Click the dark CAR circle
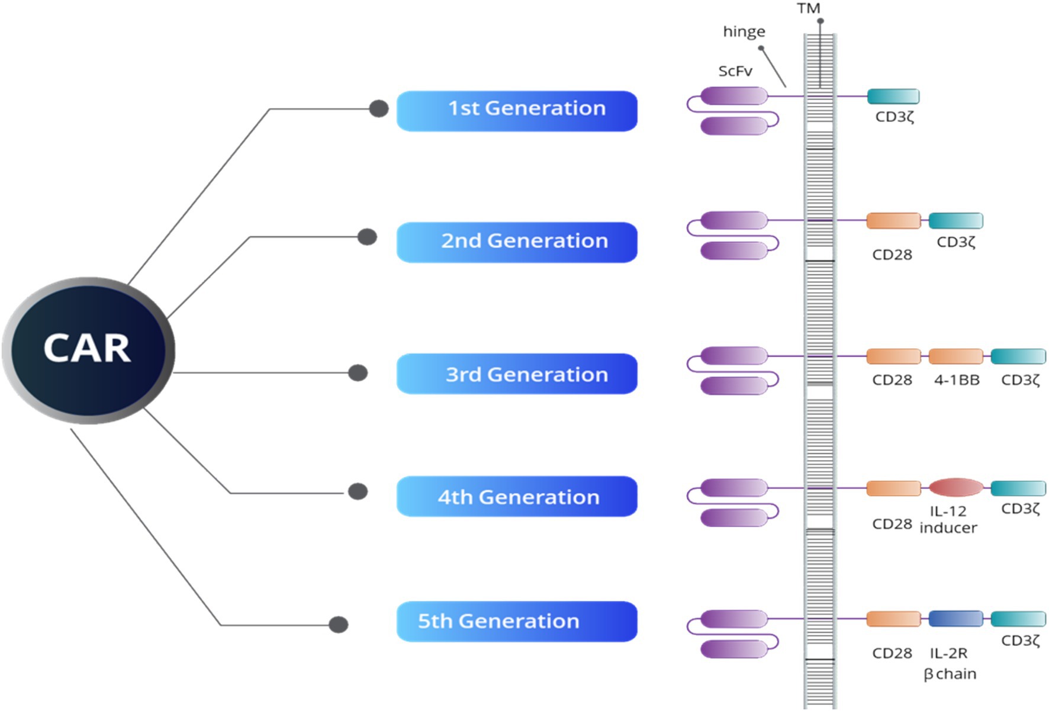click(89, 349)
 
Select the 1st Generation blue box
click(517, 111)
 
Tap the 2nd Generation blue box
click(517, 242)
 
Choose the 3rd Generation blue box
click(517, 374)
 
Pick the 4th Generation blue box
click(517, 496)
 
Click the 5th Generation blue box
click(517, 622)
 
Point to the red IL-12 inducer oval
click(955, 487)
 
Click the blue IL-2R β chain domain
click(955, 619)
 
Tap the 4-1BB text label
click(957, 380)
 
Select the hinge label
click(744, 31)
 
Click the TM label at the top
click(808, 8)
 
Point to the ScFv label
click(735, 71)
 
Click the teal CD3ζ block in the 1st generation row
click(893, 96)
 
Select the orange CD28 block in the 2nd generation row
click(893, 221)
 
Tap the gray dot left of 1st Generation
click(379, 108)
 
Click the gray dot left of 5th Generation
click(339, 625)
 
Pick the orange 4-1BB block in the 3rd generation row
click(955, 356)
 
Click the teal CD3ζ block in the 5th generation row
click(1018, 619)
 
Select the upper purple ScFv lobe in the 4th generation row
click(734, 487)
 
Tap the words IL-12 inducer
click(948, 520)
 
